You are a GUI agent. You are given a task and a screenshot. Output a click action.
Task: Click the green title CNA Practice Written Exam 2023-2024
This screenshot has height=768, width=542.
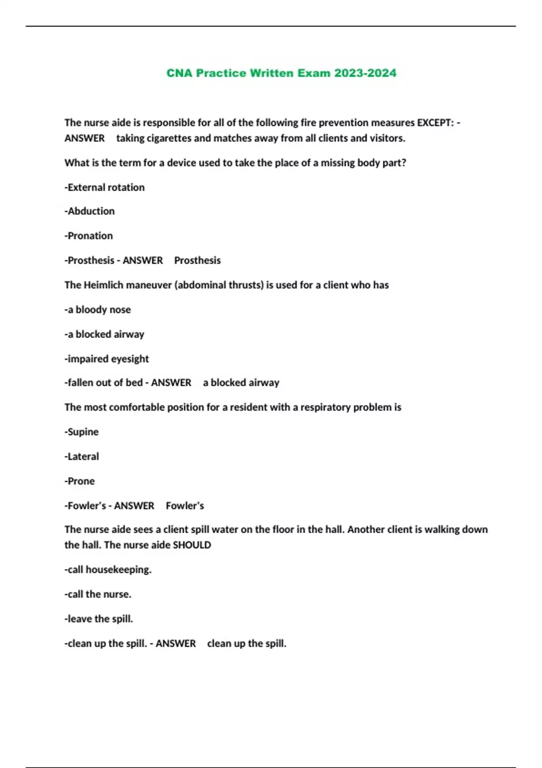281,73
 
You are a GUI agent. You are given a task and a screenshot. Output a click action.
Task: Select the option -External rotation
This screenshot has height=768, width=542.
105,187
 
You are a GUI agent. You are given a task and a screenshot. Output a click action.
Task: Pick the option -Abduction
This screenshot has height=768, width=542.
90,211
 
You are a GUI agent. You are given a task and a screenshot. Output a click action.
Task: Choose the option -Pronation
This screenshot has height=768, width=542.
89,236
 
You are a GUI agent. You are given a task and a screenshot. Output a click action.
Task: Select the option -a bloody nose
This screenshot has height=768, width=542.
98,310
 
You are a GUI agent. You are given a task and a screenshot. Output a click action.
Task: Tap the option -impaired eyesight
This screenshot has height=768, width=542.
107,359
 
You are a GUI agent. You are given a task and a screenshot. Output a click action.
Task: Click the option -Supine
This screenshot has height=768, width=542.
82,432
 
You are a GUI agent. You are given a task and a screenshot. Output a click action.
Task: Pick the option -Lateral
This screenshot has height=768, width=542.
82,457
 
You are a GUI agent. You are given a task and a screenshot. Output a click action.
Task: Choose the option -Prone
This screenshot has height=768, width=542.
80,481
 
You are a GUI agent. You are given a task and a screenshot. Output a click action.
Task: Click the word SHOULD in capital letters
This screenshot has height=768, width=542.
192,545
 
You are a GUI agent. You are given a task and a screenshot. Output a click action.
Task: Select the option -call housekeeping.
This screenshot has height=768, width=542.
108,570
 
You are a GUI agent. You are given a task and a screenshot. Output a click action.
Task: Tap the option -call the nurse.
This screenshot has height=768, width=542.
98,595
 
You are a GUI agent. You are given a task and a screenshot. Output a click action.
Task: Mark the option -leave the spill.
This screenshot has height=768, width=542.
99,619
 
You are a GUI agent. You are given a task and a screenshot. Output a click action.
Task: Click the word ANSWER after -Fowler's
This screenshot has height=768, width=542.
134,506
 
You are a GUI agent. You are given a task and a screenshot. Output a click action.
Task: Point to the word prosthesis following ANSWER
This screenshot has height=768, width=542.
197,261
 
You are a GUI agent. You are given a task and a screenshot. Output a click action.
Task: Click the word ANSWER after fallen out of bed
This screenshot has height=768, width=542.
171,383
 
